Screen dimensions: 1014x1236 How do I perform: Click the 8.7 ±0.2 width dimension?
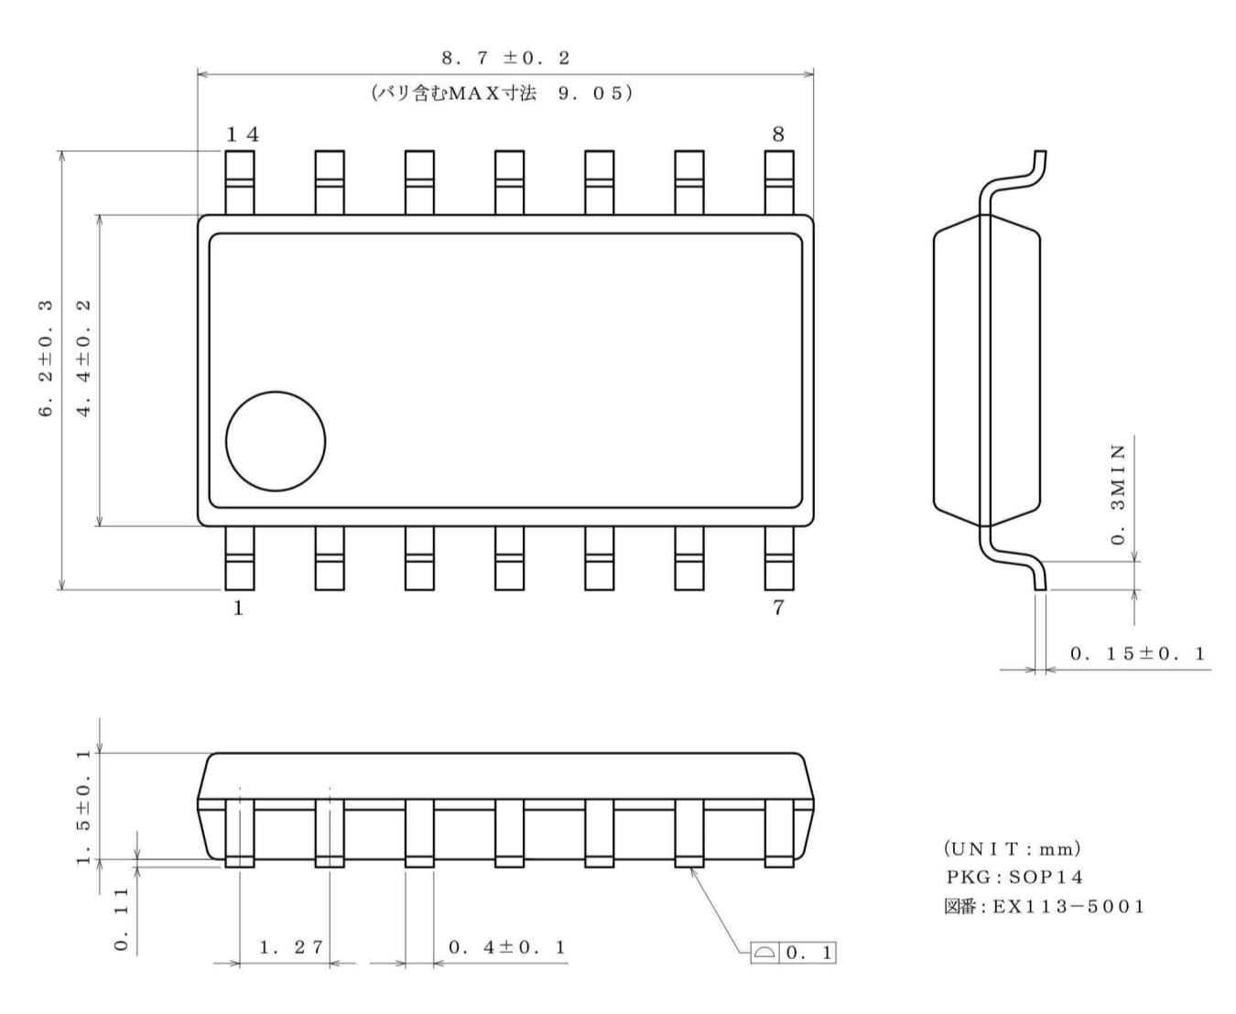505,58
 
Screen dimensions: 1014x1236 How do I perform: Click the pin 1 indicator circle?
276,440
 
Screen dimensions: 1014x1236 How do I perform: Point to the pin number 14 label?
243,135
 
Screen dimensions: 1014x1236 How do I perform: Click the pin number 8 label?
777,135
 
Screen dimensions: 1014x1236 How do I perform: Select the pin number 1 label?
238,609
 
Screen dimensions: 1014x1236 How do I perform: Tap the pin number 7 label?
777,609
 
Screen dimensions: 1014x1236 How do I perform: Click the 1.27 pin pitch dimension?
291,947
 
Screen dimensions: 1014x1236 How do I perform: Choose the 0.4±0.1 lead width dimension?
507,947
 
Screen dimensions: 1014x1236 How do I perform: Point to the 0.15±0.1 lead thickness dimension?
1138,653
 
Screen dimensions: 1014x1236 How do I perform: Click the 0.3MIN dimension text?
1118,494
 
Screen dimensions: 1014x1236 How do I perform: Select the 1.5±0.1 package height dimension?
84,805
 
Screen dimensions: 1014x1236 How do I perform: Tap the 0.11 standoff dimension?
122,918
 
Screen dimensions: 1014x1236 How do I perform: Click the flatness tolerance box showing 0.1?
794,953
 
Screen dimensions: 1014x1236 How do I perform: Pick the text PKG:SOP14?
1014,878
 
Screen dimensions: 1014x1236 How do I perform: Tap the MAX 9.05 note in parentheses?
502,93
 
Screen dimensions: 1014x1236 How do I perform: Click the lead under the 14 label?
239,182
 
